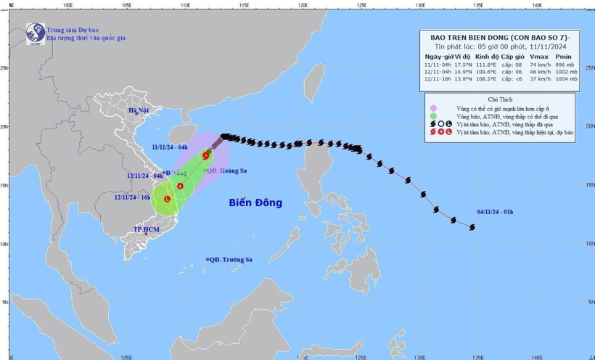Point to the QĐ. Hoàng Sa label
click(x=228, y=171)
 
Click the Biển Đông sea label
click(x=256, y=202)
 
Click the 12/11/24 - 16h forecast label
click(x=131, y=196)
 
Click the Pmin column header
click(x=564, y=57)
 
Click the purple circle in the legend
click(x=432, y=107)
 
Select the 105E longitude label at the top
click(x=126, y=4)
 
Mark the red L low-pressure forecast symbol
click(x=168, y=198)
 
